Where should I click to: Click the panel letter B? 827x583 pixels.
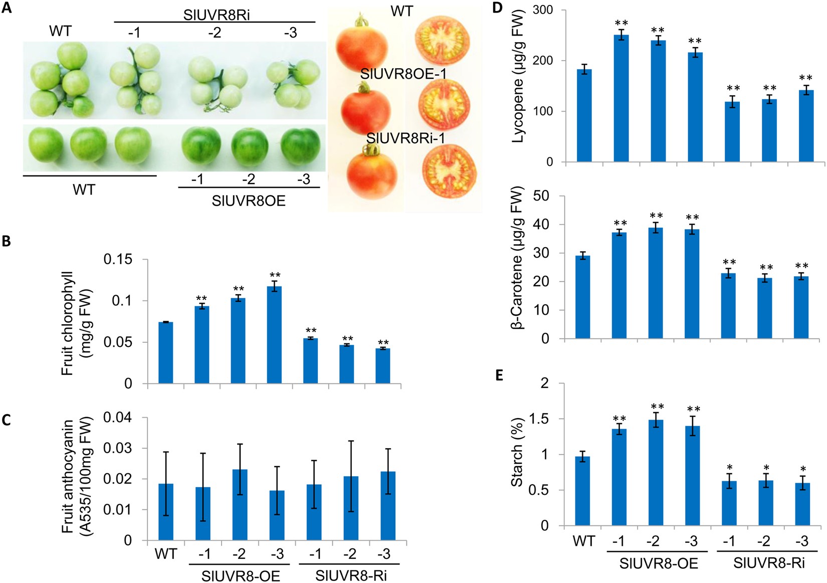pos(7,241)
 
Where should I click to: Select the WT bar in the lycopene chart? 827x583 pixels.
pos(584,115)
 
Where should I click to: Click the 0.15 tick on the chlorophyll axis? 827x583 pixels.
pos(118,260)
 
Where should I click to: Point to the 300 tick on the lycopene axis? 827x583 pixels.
pos(543,10)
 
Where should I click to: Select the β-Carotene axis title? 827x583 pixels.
pos(517,258)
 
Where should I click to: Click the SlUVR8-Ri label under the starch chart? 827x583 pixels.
pos(769,563)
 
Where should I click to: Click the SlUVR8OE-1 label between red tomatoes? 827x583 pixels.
pos(403,74)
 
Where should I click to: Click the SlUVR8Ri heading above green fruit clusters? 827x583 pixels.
pos(216,15)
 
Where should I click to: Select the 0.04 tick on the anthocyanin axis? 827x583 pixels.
pos(118,418)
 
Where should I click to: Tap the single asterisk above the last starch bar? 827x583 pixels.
pos(803,470)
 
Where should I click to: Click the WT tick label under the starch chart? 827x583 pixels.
pos(584,541)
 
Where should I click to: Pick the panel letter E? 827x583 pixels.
pos(499,375)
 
